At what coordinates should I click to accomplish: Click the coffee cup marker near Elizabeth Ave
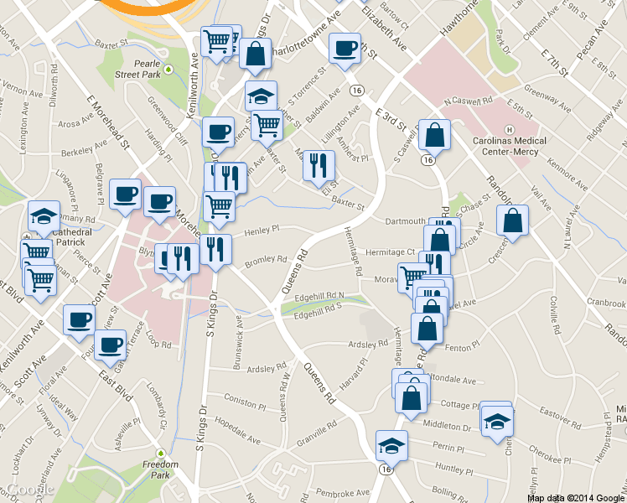pyautogui.click(x=344, y=49)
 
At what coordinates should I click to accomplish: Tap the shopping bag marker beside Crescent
pyautogui.click(x=512, y=221)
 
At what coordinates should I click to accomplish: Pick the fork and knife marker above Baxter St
pyautogui.click(x=318, y=164)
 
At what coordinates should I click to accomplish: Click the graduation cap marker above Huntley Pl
pyautogui.click(x=391, y=445)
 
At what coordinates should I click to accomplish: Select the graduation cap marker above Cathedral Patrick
pyautogui.click(x=44, y=216)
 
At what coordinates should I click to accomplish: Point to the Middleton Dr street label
pyautogui.click(x=448, y=426)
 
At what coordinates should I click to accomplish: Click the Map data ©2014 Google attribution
pyautogui.click(x=575, y=497)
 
